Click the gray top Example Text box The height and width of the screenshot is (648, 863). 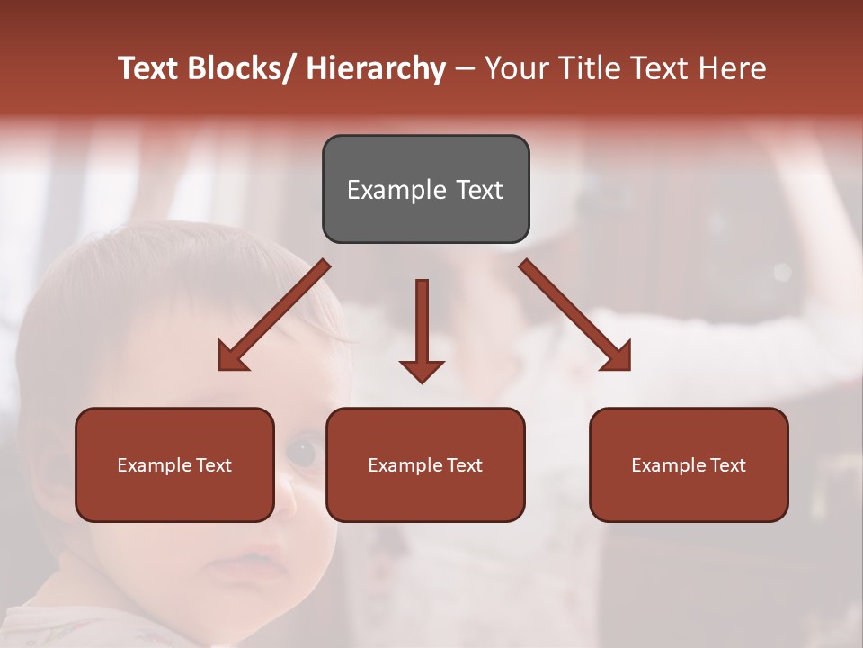[425, 189]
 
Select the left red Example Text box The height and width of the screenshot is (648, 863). [174, 464]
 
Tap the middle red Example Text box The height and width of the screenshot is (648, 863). [425, 464]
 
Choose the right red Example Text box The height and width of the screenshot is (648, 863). [689, 464]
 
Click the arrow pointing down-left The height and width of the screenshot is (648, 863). [273, 315]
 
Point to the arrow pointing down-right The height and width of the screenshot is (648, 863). [575, 315]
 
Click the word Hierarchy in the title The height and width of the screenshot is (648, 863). [376, 68]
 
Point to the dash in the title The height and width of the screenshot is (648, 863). [466, 69]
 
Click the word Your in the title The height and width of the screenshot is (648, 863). [517, 68]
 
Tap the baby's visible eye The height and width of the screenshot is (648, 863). [304, 451]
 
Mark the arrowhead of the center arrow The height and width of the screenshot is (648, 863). [422, 371]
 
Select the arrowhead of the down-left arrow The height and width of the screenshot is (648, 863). [230, 358]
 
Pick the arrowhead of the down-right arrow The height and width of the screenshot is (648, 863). [618, 358]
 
